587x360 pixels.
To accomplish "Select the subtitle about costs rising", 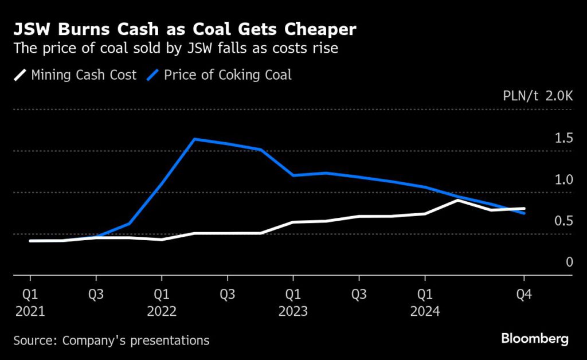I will pyautogui.click(x=175, y=48).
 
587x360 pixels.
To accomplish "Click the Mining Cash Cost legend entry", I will pyautogui.click(x=75, y=75).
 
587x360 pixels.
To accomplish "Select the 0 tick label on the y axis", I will pyautogui.click(x=569, y=262).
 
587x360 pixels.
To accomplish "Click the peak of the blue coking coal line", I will pyautogui.click(x=195, y=139).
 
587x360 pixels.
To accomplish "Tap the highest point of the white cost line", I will pyautogui.click(x=457, y=200).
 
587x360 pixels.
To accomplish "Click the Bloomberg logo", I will pyautogui.click(x=534, y=339).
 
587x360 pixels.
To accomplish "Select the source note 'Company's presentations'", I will pyautogui.click(x=111, y=340).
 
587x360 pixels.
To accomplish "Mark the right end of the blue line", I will pyautogui.click(x=523, y=213).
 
